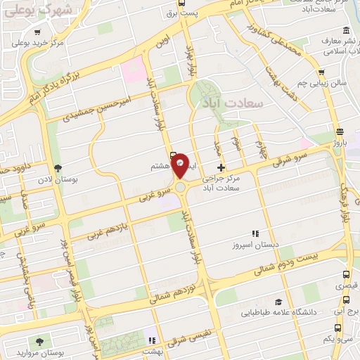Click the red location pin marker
[181, 165]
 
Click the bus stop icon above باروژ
[340, 132]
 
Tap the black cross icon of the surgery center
[221, 167]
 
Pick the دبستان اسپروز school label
[257, 245]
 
